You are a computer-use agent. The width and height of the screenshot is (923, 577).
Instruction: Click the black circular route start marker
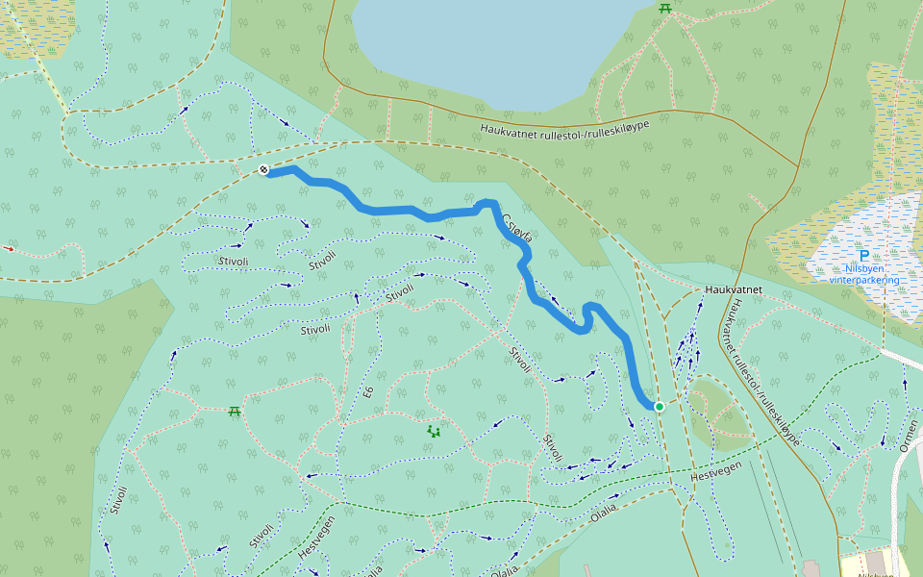pyautogui.click(x=263, y=170)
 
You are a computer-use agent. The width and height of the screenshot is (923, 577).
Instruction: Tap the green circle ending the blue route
pyautogui.click(x=660, y=407)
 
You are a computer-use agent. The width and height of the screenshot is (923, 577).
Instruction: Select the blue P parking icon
pyautogui.click(x=863, y=257)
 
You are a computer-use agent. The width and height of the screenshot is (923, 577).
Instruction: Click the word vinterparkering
pyautogui.click(x=863, y=281)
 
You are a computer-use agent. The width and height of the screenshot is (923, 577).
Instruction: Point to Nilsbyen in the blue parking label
pyautogui.click(x=863, y=269)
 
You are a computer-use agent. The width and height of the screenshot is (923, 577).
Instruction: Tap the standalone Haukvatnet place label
pyautogui.click(x=733, y=288)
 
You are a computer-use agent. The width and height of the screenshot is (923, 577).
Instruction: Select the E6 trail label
pyautogui.click(x=368, y=391)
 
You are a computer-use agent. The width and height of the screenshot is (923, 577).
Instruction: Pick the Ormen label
pyautogui.click(x=910, y=433)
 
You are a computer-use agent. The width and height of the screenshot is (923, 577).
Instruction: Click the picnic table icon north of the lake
pyautogui.click(x=664, y=8)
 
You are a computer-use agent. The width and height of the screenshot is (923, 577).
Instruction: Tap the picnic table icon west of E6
pyautogui.click(x=234, y=412)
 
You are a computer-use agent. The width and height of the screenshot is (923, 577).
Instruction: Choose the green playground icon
pyautogui.click(x=434, y=432)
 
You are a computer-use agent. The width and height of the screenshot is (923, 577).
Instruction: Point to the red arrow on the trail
pyautogui.click(x=10, y=248)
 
